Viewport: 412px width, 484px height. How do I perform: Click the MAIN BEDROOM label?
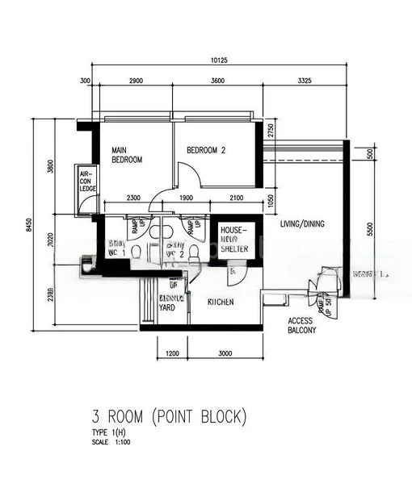[x=126, y=155]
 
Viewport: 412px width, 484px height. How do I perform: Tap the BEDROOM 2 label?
[x=206, y=150]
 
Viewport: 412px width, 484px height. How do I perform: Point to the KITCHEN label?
[x=221, y=302]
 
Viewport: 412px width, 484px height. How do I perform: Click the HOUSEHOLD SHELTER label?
[x=234, y=240]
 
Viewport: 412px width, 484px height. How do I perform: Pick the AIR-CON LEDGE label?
[x=86, y=182]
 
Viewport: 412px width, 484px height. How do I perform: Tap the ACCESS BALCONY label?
[x=302, y=325]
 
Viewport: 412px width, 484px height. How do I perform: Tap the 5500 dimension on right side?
[x=370, y=229]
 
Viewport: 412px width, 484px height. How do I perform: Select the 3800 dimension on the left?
[x=50, y=168]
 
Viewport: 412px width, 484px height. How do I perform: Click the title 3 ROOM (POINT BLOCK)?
[x=168, y=417]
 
